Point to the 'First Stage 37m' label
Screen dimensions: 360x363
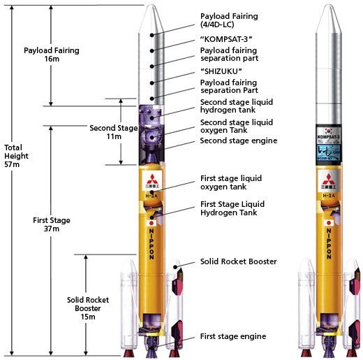tap(51, 225)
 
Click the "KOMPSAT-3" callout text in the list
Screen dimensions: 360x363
tap(227, 38)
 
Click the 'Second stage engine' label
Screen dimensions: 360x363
tap(238, 141)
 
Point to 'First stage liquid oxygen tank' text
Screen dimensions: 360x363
tap(232, 182)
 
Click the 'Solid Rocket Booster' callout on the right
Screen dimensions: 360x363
tap(238, 261)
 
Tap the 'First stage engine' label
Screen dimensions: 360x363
tap(232, 336)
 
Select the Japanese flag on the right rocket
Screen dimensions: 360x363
tap(327, 223)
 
